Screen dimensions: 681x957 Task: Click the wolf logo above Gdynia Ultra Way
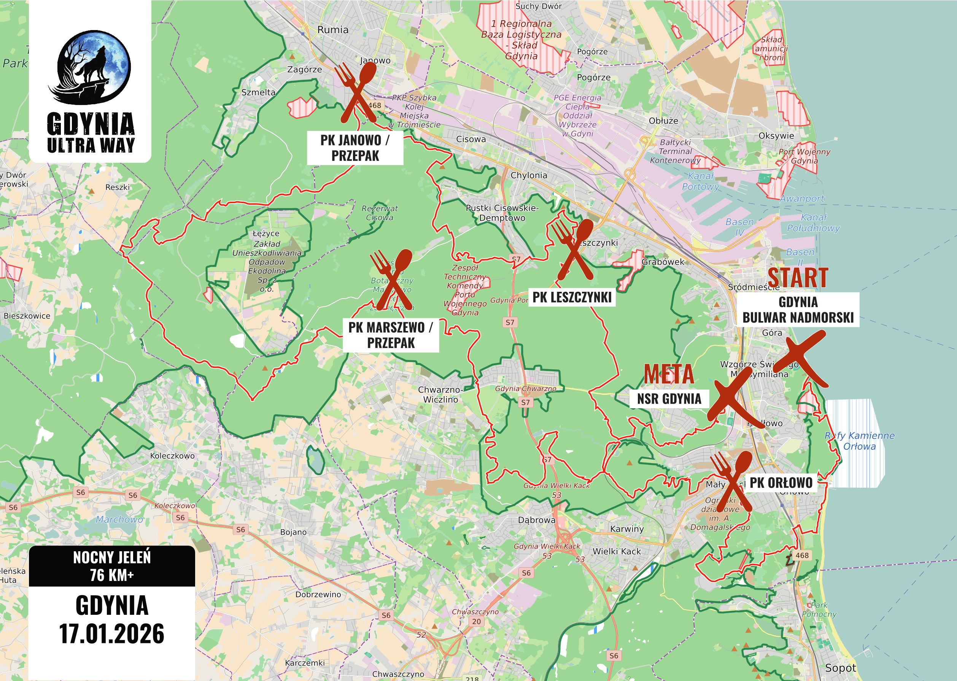coord(91,67)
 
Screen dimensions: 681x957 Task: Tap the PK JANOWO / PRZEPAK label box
coord(355,148)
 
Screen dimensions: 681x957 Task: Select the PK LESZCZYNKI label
coord(572,297)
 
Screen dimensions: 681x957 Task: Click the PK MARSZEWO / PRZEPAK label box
coord(391,335)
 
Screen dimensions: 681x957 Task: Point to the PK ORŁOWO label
coord(781,482)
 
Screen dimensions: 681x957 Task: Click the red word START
coord(798,278)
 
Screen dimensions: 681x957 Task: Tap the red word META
coord(669,374)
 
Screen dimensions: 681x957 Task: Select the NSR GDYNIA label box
coord(669,398)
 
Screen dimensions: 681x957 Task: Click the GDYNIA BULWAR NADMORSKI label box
coord(798,309)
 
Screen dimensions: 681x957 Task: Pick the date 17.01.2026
coord(111,633)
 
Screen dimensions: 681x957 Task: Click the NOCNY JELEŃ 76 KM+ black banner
coord(111,566)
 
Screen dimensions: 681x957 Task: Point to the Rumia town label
coord(333,30)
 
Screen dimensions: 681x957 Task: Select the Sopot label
coord(840,668)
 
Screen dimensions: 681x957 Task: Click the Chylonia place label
coord(529,175)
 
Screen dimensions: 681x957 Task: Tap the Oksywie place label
coord(776,136)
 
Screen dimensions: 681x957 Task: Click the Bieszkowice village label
coord(27,316)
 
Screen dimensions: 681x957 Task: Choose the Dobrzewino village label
coord(318,594)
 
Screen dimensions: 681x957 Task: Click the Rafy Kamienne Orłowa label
coord(859,441)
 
